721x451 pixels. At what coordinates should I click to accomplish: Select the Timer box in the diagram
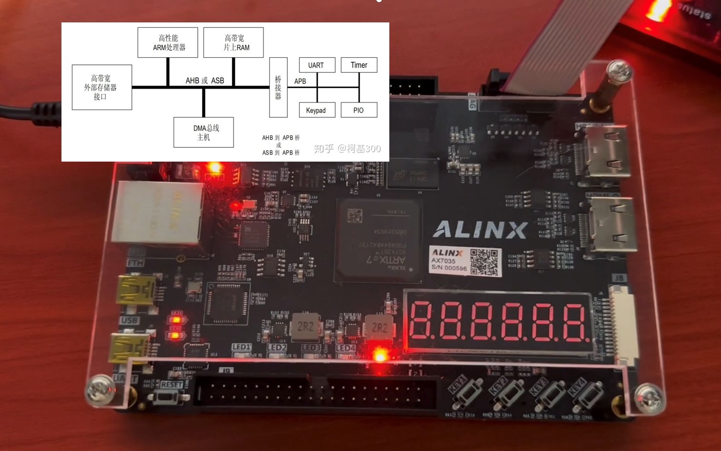tap(359, 65)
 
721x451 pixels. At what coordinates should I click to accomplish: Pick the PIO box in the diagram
tap(359, 110)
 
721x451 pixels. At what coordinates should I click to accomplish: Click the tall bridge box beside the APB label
tap(278, 87)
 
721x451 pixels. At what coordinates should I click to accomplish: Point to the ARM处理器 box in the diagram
tap(168, 42)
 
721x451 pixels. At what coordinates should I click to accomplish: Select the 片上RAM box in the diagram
tap(234, 42)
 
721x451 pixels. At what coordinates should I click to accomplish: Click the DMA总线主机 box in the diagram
tap(203, 132)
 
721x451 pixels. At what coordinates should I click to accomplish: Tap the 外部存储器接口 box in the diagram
tap(102, 87)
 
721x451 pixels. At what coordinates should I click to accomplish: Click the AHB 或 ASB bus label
tap(205, 81)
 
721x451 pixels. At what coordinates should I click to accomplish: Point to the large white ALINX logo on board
tap(480, 230)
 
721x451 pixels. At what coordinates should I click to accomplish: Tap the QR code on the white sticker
tap(484, 261)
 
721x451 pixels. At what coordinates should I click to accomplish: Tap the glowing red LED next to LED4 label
tap(380, 355)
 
